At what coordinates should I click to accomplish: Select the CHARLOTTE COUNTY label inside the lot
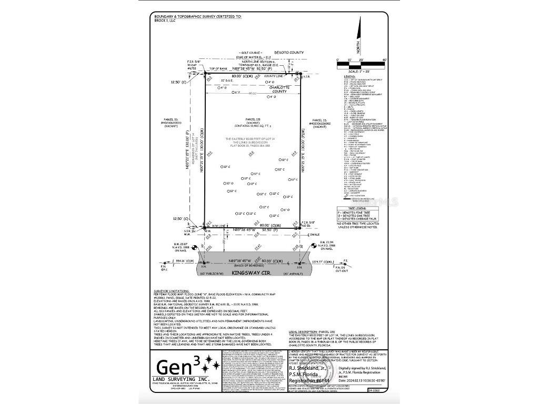click(279, 89)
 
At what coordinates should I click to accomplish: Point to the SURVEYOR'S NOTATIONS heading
click(169, 290)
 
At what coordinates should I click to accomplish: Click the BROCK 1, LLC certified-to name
click(165, 20)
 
